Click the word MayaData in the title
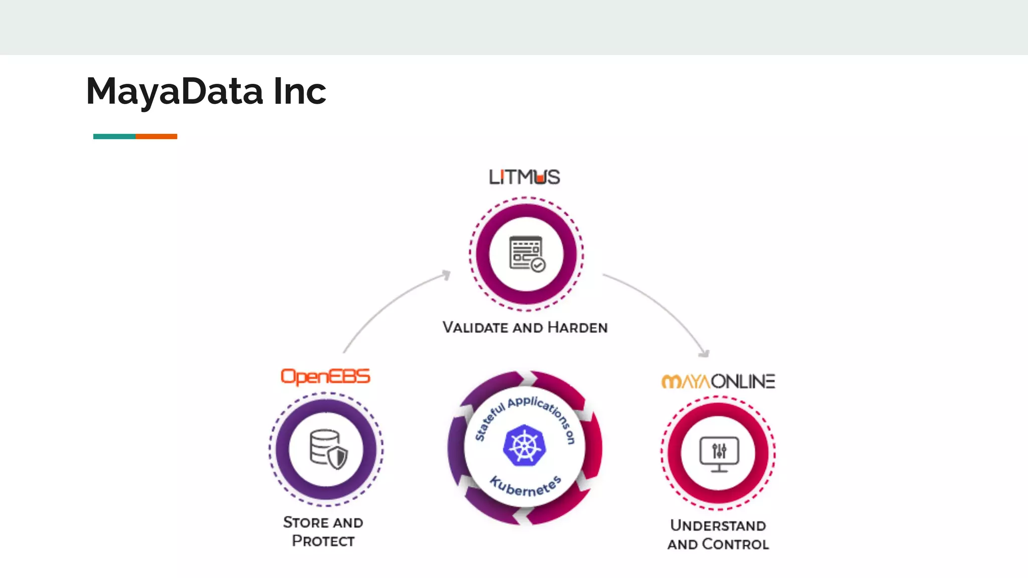coord(175,92)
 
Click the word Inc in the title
coord(300,92)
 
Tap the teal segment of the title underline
coord(114,136)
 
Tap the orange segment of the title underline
coord(156,136)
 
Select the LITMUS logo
coord(525,177)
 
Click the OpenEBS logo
coord(325,377)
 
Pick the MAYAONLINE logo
coord(718,382)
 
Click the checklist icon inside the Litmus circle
coord(527,254)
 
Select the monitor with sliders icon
coord(719,453)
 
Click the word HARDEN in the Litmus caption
coord(577,328)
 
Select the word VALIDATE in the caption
coord(475,328)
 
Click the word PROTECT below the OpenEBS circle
coord(323,541)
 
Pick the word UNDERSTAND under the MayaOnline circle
coord(718,525)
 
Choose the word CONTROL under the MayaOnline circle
coord(735,544)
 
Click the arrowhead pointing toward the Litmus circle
coord(446,274)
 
